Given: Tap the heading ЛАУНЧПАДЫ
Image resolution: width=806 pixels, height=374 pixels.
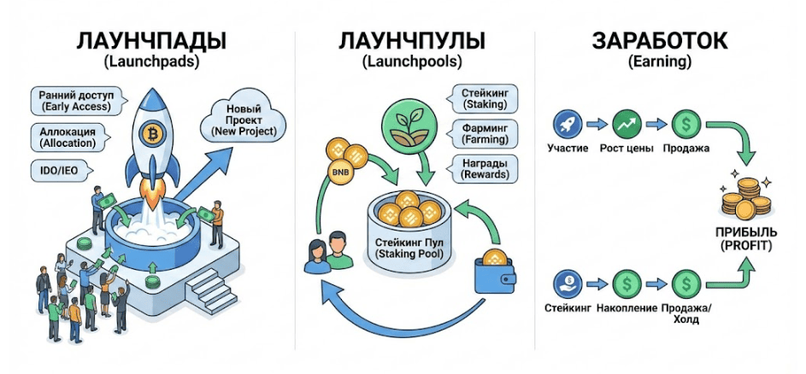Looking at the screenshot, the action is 150,42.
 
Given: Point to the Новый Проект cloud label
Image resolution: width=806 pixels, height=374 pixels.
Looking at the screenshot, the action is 243,121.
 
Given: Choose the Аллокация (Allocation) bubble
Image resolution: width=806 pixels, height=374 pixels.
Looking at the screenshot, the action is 69,136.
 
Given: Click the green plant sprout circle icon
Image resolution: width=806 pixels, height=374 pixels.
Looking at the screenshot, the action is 410,126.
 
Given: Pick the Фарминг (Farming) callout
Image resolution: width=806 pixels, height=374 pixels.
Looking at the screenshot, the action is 483,133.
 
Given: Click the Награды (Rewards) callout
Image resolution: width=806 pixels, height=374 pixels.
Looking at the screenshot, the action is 483,168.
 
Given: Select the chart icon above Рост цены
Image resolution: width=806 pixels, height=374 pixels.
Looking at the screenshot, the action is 627,123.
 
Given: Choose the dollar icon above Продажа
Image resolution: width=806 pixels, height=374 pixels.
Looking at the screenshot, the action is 686,123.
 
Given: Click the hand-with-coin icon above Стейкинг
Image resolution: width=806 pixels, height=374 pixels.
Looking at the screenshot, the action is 568,283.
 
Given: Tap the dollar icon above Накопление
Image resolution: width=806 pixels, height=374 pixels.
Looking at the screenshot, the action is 627,283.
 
